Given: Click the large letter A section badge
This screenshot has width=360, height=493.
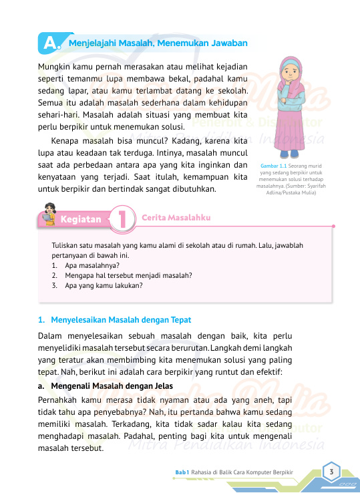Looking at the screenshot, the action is pos(49,43).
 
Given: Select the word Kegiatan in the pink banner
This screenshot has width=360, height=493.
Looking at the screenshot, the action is pos(81,218).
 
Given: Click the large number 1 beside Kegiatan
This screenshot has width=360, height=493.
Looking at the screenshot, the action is pos(123,218).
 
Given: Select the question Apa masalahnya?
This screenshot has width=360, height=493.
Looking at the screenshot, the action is pos(87,265).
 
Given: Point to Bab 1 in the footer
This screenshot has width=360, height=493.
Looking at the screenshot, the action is pos(182,473).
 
